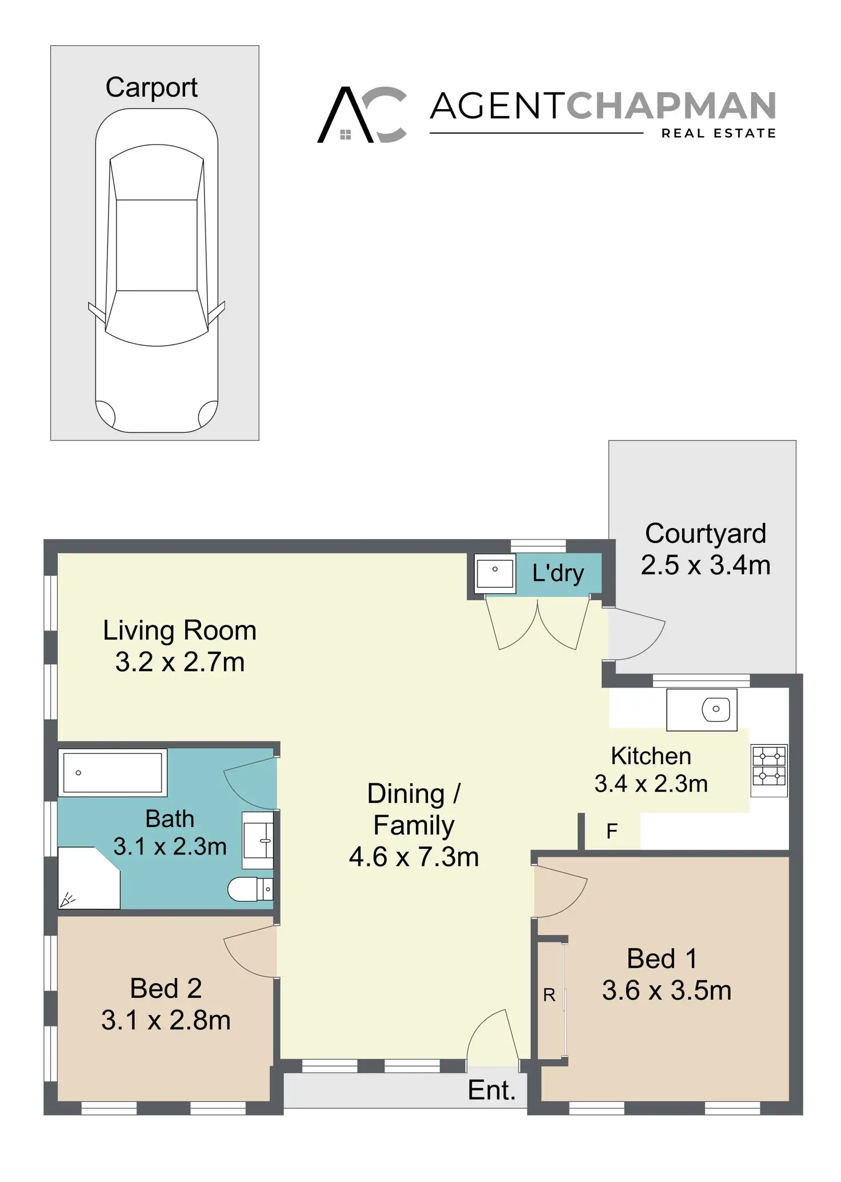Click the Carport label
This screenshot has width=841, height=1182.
tap(151, 88)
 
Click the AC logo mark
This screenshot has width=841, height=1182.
tap(362, 114)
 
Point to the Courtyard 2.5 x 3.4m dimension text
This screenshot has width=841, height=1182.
tap(706, 565)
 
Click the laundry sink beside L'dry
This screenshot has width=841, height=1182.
tap(495, 570)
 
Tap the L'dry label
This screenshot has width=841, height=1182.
tap(558, 573)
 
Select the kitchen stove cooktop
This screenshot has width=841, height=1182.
tap(769, 770)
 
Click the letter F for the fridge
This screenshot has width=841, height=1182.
tap(612, 831)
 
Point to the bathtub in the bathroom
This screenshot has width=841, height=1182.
tap(113, 773)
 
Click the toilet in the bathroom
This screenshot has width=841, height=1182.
tap(250, 889)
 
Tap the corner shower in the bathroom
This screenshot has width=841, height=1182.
tap(89, 878)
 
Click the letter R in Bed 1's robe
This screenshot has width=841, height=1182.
tap(549, 995)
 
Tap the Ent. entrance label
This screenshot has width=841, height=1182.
tap(491, 1090)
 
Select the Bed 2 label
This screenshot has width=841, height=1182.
tap(166, 988)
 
